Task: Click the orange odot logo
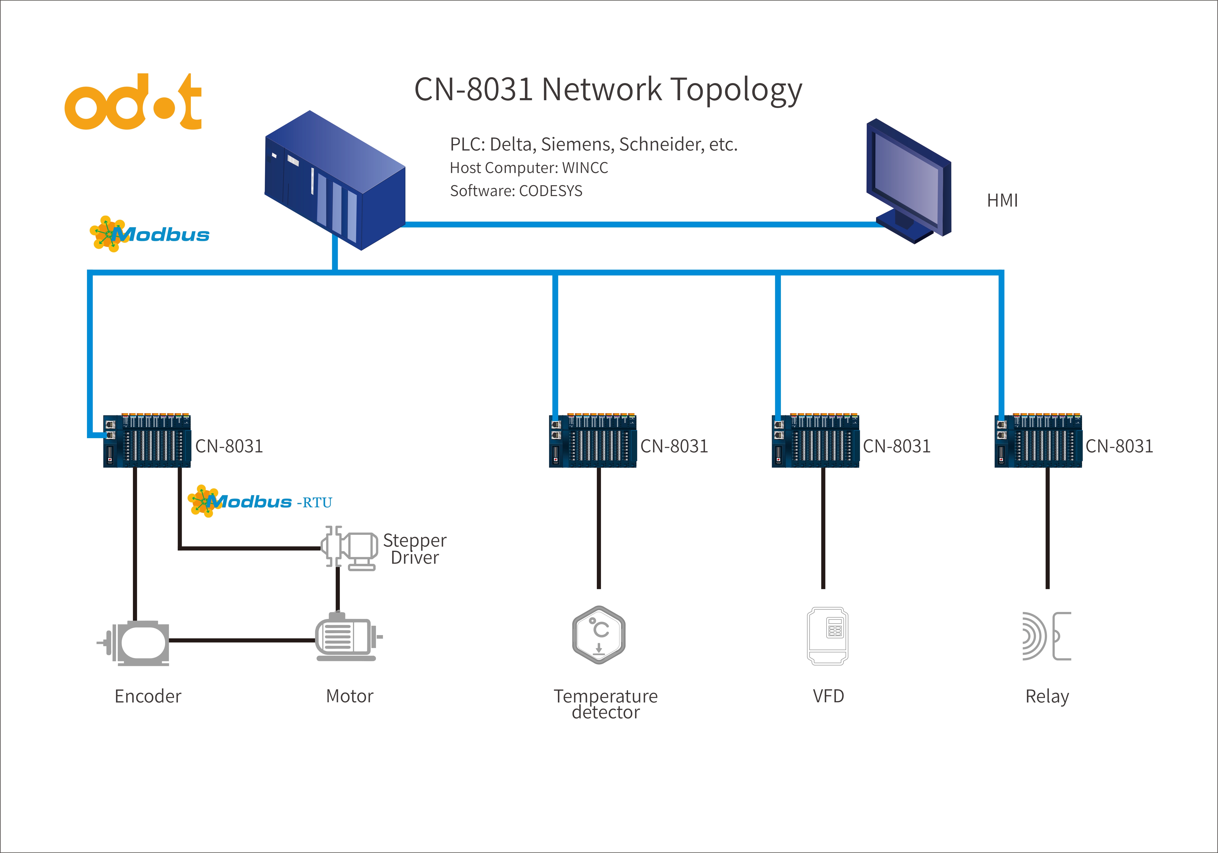(133, 102)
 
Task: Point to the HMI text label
(1002, 201)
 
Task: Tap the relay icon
(1046, 636)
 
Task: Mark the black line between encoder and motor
(241, 640)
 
